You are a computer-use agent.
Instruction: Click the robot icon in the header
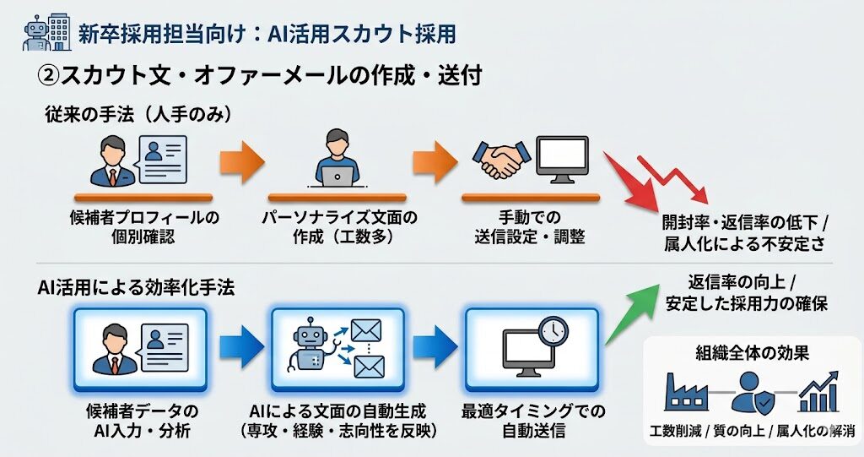pyautogui.click(x=36, y=33)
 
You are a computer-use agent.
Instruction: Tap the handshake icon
pyautogui.click(x=501, y=159)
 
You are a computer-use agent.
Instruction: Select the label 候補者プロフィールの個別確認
pyautogui.click(x=143, y=226)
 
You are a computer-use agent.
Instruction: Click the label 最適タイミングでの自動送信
pyautogui.click(x=532, y=421)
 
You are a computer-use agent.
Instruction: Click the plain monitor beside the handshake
pyautogui.click(x=562, y=158)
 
